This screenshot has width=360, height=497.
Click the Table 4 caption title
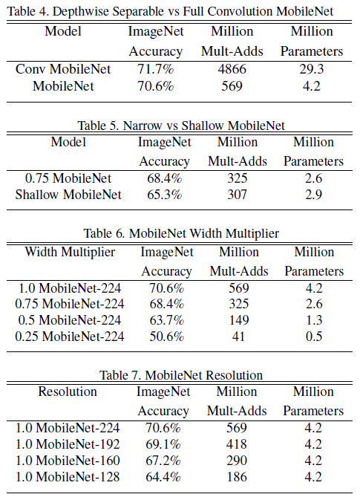180,10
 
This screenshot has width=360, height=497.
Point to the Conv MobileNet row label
64,69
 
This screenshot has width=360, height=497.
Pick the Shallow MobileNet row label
64,195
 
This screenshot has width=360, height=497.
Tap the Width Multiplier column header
70,252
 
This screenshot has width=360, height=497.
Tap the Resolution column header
68,392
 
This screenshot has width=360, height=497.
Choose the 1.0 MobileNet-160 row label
68,461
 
